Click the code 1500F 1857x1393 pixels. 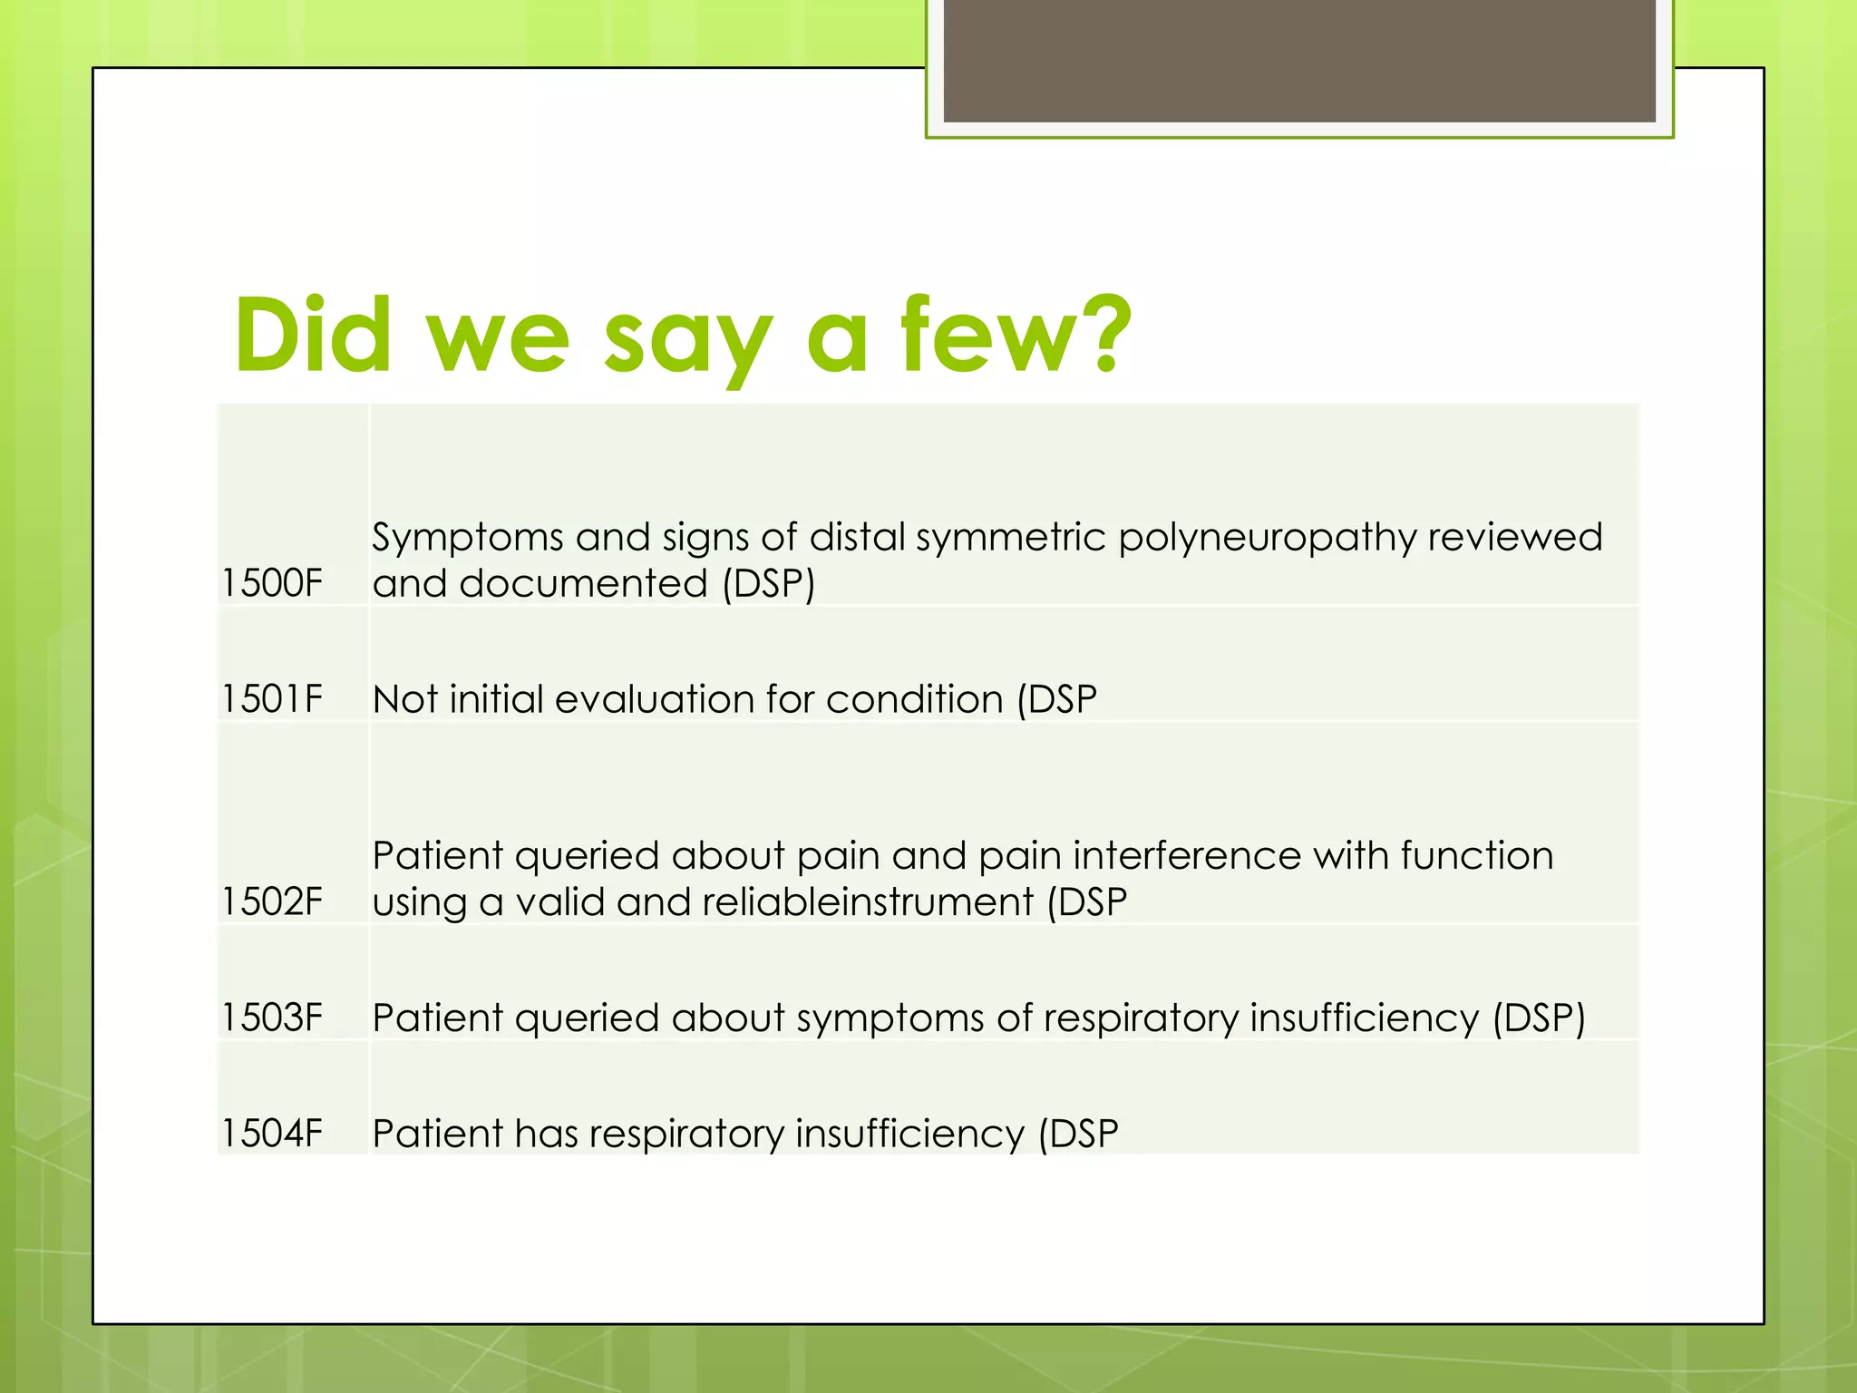click(x=272, y=583)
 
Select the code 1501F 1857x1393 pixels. click(x=272, y=699)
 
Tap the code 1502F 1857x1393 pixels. click(x=272, y=902)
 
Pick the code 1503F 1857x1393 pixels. click(x=272, y=1018)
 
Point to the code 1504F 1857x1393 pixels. click(x=272, y=1134)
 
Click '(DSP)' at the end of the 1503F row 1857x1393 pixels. click(x=1539, y=1018)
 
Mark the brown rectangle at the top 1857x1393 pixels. click(x=1298, y=60)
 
